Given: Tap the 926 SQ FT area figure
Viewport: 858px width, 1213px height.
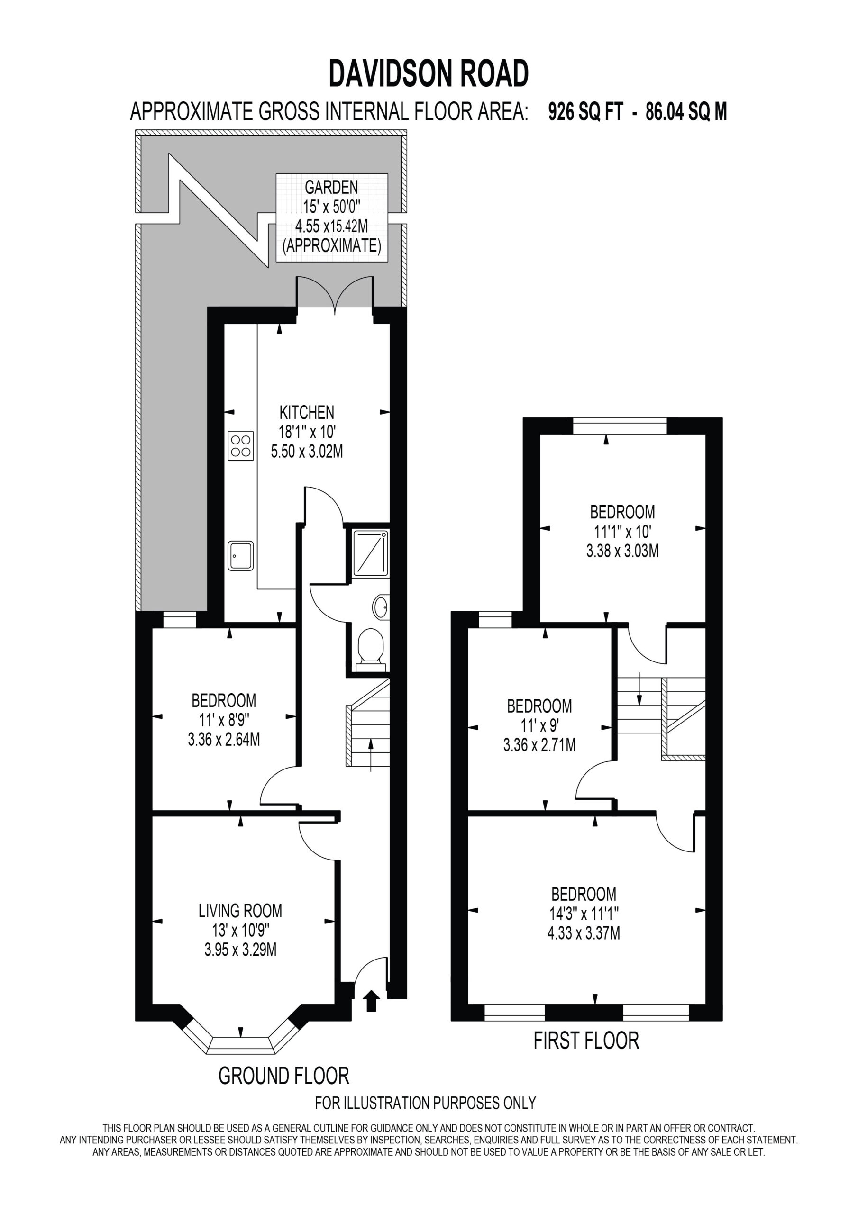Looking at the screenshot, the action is click(x=585, y=111).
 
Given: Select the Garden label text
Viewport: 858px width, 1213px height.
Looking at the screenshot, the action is click(x=331, y=187).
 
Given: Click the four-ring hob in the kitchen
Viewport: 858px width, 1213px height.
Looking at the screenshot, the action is click(x=240, y=446).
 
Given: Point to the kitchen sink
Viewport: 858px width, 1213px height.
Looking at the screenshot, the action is click(x=240, y=556).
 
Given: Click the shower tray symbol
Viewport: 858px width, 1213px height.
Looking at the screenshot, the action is click(x=370, y=552).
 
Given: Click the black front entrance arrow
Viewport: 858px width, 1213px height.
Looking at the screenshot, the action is click(x=372, y=1001).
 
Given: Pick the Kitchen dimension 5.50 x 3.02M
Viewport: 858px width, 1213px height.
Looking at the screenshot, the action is click(x=307, y=451).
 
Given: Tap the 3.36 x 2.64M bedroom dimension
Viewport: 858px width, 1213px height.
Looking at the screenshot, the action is click(x=224, y=739).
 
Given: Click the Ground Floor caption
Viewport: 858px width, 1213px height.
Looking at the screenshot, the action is click(x=284, y=1076).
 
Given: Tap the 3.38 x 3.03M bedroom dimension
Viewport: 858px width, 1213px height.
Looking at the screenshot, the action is click(x=622, y=551).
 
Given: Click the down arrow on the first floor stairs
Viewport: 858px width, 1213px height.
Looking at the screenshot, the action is click(x=639, y=689).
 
